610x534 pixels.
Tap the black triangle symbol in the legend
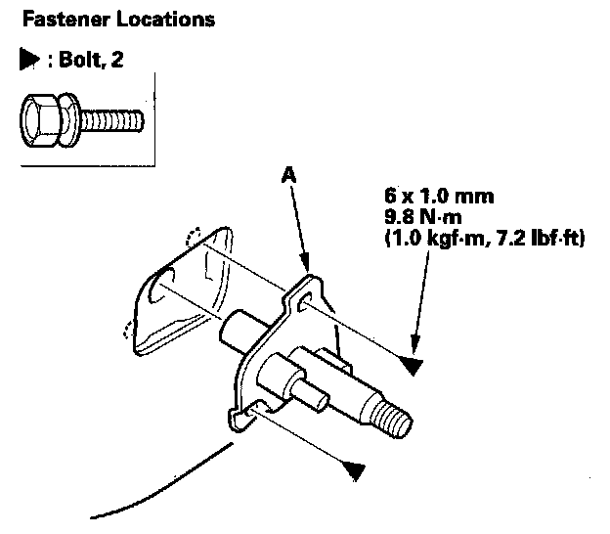[x=27, y=61]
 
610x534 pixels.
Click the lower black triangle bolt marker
[x=353, y=469]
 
